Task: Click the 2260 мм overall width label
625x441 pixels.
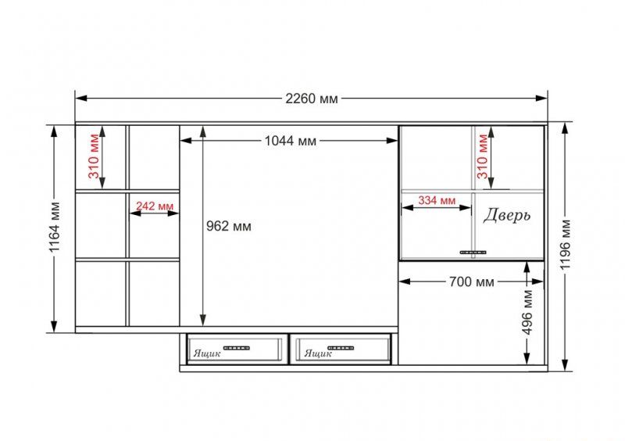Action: [x=311, y=99]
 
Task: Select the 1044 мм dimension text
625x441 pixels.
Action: [x=290, y=141]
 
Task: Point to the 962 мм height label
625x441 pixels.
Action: [x=229, y=226]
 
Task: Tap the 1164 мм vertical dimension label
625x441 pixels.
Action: [x=55, y=228]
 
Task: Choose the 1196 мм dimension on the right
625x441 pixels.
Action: [x=565, y=244]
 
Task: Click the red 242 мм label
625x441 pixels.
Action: [x=155, y=206]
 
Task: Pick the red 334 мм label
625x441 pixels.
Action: [x=437, y=200]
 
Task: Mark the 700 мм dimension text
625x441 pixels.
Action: [x=472, y=281]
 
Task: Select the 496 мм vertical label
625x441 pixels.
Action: [x=527, y=313]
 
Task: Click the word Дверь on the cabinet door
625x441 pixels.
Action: [x=507, y=216]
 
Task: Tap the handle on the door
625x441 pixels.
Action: [x=473, y=253]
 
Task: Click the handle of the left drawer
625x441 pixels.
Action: [x=237, y=348]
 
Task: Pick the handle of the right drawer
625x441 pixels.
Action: [x=341, y=348]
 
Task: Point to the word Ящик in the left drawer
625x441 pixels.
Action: [x=207, y=353]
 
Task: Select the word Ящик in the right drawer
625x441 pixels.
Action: [x=318, y=353]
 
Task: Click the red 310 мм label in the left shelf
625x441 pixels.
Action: [x=94, y=156]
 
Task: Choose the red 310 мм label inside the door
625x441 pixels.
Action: [x=482, y=156]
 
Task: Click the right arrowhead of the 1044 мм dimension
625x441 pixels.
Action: [x=392, y=141]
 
